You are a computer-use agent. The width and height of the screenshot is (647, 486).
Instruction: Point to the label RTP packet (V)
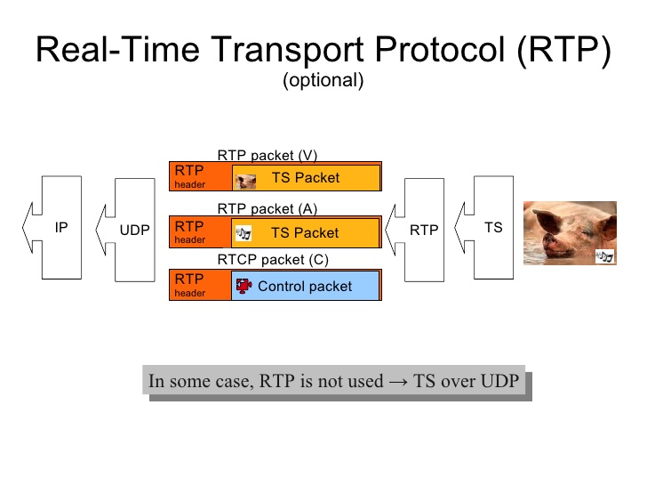tap(268, 155)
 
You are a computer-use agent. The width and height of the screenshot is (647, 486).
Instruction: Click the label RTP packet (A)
tap(268, 209)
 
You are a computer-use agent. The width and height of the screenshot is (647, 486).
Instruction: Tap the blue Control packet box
tap(305, 287)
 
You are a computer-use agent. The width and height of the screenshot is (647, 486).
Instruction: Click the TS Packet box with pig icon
tap(305, 178)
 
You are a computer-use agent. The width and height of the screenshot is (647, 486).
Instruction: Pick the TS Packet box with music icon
tap(305, 233)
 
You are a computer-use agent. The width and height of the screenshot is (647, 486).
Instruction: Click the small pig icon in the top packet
tap(245, 180)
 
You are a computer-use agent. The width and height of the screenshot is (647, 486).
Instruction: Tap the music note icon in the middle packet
tap(244, 234)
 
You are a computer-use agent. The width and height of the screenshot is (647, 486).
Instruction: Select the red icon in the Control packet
tap(244, 287)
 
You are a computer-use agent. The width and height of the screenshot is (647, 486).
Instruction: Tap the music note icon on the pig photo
tap(605, 256)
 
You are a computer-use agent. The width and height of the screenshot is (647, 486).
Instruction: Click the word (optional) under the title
tap(323, 80)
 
